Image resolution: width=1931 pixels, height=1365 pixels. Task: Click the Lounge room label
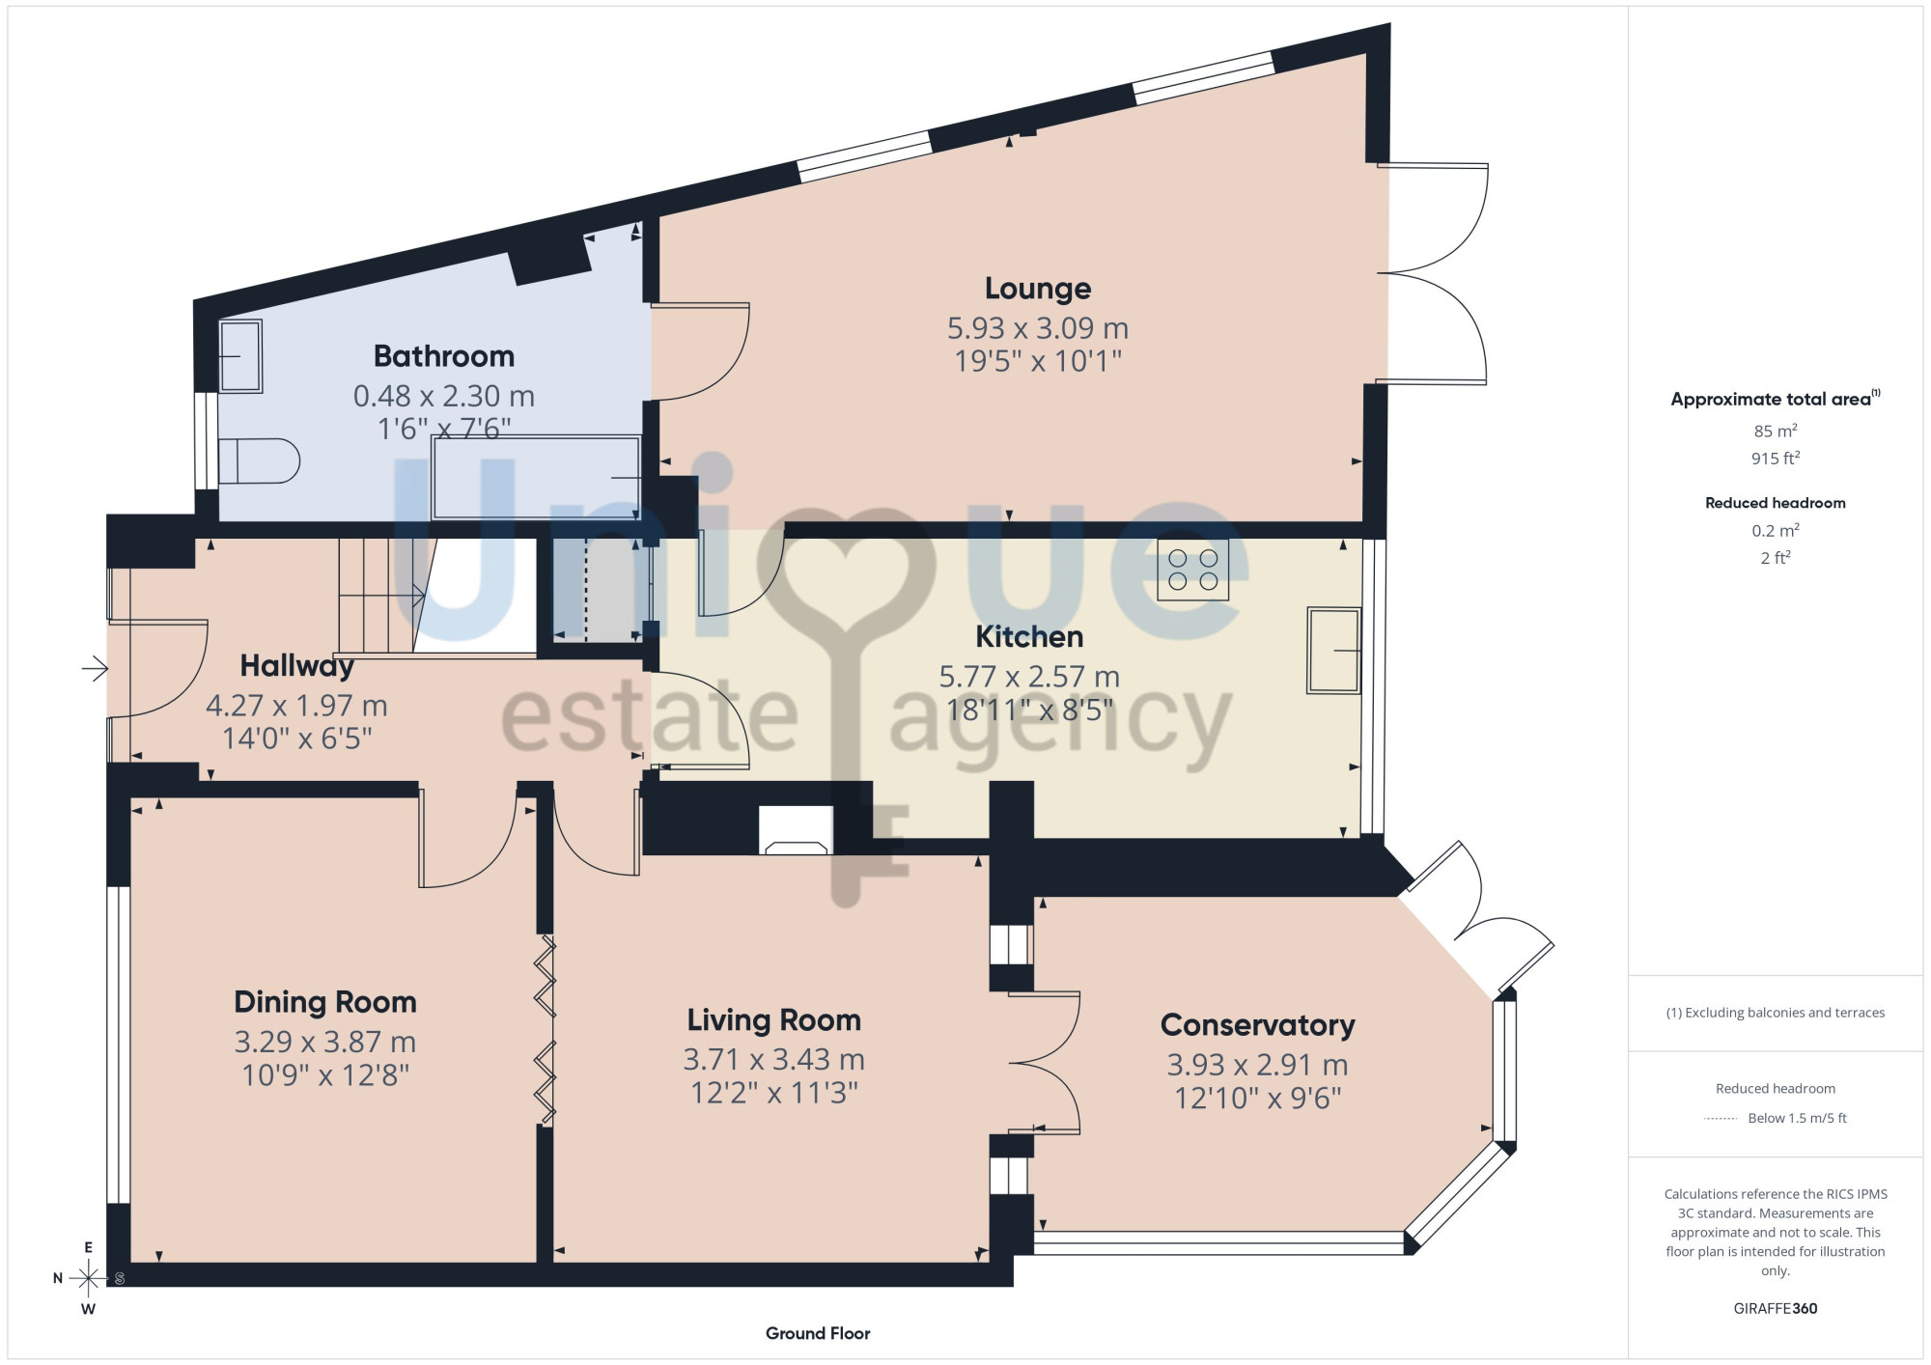[1038, 289]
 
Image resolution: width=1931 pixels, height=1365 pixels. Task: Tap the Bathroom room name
[444, 356]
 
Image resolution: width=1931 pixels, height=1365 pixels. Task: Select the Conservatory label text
[1257, 1025]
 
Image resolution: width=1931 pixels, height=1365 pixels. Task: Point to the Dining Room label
[325, 1002]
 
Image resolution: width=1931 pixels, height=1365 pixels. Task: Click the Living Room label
[773, 1020]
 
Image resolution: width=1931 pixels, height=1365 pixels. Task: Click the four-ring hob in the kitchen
[1193, 570]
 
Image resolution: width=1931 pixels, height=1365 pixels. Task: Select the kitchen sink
[1333, 651]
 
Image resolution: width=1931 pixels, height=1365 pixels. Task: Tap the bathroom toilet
[259, 461]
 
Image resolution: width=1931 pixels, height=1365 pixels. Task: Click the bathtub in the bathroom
[536, 478]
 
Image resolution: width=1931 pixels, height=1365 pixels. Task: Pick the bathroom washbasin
[240, 356]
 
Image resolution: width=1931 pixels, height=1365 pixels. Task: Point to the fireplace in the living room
[796, 830]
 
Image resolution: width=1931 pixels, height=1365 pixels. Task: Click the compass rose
[88, 1278]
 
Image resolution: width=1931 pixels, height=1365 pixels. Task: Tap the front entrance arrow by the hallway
[95, 668]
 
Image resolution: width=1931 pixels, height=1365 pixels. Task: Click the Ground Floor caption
[818, 1333]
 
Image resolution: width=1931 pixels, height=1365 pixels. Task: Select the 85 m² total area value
[1776, 431]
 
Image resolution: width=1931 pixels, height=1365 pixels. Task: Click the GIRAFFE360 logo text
[1776, 1309]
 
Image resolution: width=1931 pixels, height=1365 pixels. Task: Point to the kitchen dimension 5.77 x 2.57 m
[1029, 677]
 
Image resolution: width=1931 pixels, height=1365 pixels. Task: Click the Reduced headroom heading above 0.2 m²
[1776, 503]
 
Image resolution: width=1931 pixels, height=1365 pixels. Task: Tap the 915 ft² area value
[1776, 458]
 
